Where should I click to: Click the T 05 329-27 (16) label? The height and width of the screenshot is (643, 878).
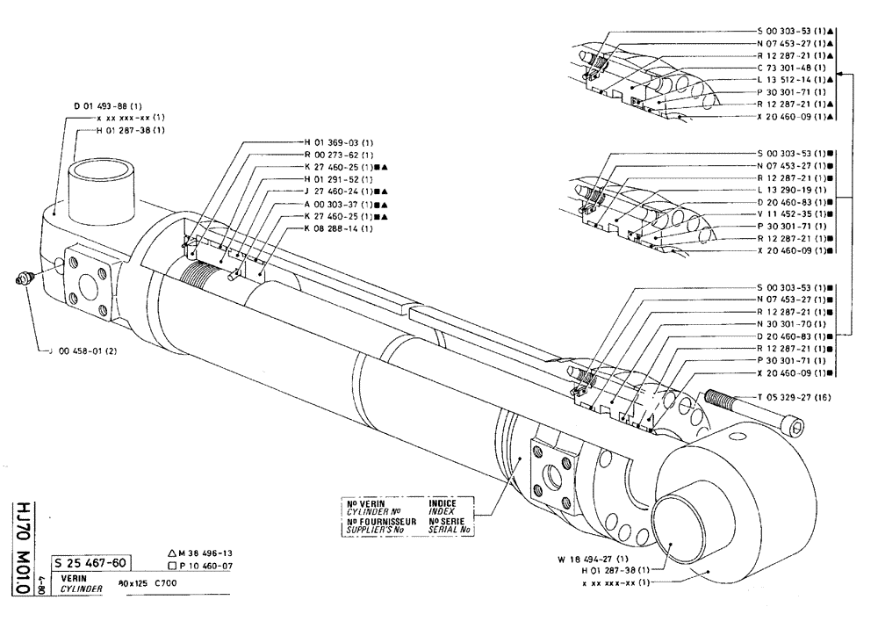(x=793, y=398)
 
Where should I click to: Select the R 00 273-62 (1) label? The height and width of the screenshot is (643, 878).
(x=328, y=155)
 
